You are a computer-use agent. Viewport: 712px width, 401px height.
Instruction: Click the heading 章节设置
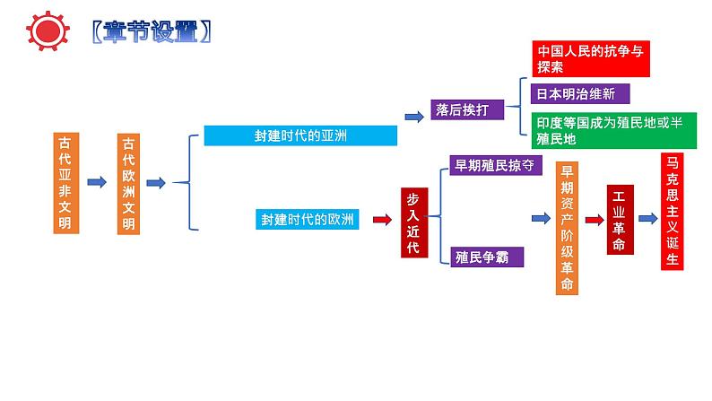coord(152,31)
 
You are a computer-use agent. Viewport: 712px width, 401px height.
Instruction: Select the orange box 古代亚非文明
coord(66,183)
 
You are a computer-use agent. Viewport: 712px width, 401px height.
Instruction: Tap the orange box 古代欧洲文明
coord(129,183)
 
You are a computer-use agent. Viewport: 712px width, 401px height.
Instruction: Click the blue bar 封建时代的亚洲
coord(300,135)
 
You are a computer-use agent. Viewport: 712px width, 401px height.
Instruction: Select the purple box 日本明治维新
coord(581,93)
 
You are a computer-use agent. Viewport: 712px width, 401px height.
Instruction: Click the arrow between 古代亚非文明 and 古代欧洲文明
coord(97,183)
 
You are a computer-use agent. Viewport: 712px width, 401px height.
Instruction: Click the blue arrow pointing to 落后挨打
coord(413,117)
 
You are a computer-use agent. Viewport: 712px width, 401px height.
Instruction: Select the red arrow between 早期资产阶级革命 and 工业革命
coord(594,219)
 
